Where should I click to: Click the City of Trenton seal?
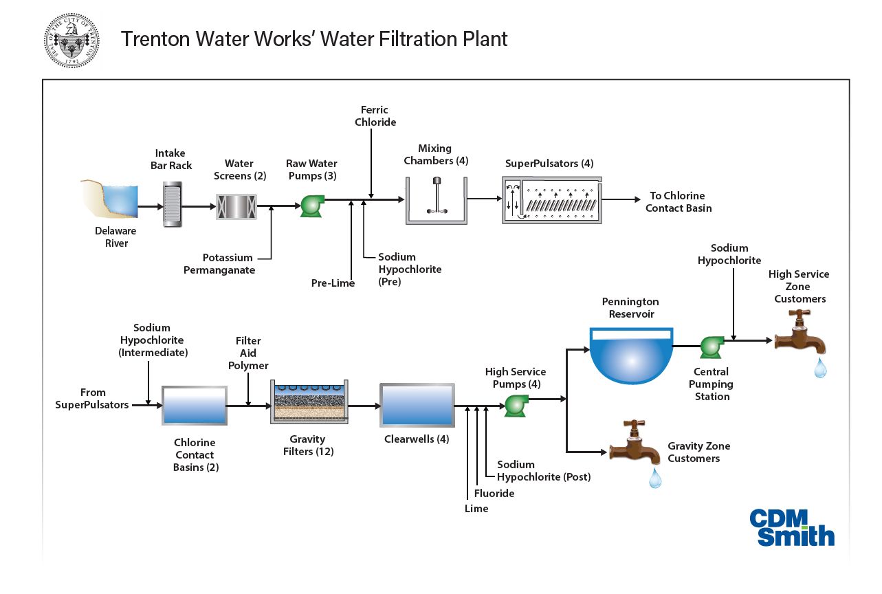(x=71, y=40)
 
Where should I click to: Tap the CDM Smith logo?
(x=791, y=527)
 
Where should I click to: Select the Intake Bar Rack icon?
(x=172, y=204)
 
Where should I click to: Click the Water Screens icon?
(x=236, y=206)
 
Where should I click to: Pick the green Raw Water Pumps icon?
(x=312, y=205)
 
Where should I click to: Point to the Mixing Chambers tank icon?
(x=436, y=201)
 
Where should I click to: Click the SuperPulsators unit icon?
(x=553, y=200)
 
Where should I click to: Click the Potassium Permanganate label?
(x=219, y=264)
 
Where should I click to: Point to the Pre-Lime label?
(x=333, y=283)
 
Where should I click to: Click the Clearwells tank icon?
(x=417, y=405)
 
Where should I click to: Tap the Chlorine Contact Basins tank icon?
(x=195, y=405)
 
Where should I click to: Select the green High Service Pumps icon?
(x=516, y=405)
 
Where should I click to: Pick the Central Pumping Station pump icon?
(x=710, y=346)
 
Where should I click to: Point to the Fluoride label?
(x=494, y=493)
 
